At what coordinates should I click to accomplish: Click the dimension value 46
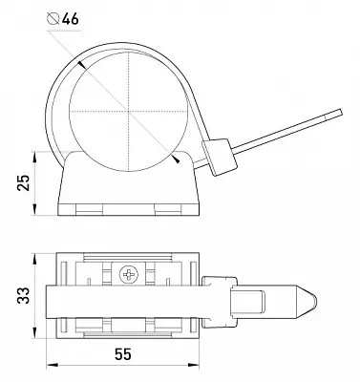tap(70, 19)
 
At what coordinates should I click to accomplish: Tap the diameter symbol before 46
tap(53, 19)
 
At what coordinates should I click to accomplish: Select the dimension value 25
tap(23, 182)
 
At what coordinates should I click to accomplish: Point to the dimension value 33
tap(23, 295)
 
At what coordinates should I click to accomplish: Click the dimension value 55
tap(123, 354)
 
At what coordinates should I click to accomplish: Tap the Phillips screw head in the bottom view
tap(129, 274)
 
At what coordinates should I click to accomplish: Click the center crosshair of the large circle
tap(129, 112)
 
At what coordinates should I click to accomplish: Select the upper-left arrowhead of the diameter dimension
tap(81, 64)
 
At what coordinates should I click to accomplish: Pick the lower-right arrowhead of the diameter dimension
tap(176, 159)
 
